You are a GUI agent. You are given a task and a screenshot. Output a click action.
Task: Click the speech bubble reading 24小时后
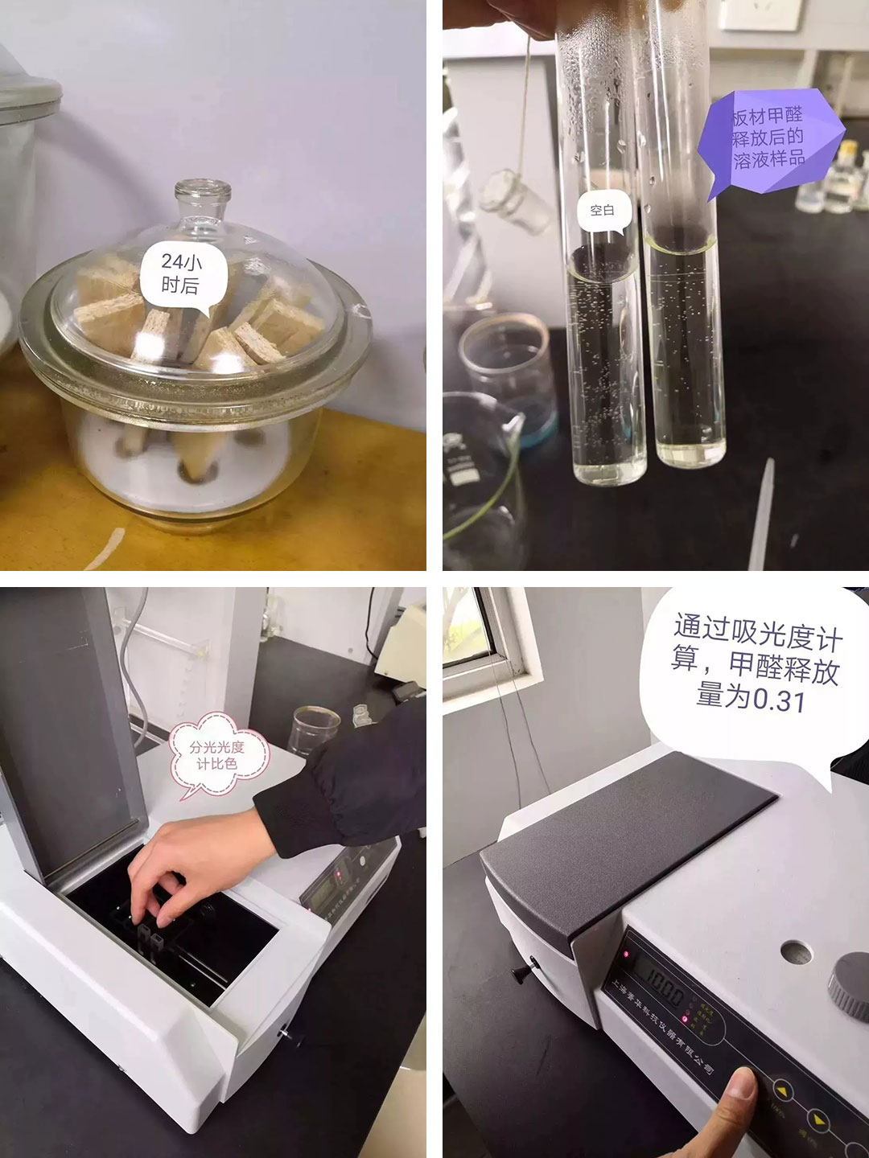click(x=181, y=275)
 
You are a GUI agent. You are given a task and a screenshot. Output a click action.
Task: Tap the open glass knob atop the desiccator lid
click(x=203, y=201)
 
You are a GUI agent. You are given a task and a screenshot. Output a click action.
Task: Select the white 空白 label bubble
click(x=603, y=211)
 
